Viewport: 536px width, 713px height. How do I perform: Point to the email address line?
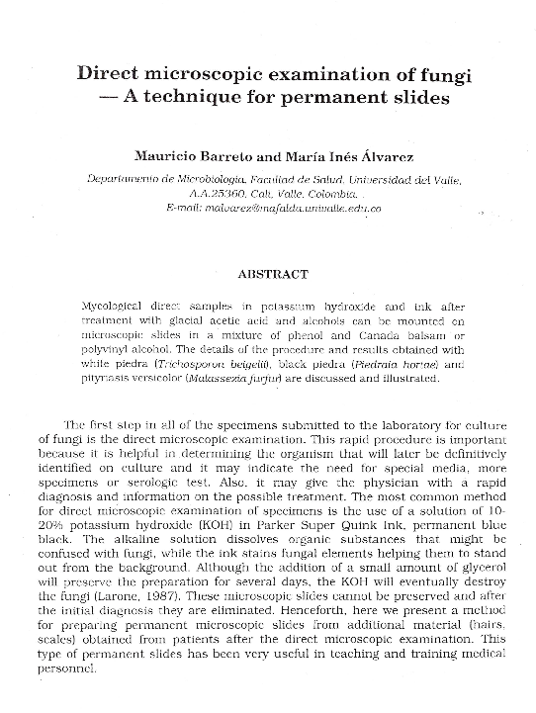click(x=274, y=209)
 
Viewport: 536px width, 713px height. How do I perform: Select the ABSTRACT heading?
click(x=273, y=274)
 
